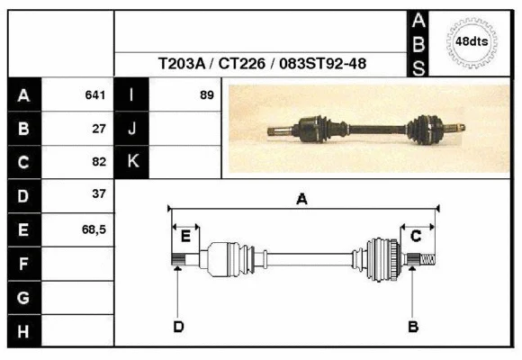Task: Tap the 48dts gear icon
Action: click(472, 41)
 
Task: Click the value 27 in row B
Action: click(99, 129)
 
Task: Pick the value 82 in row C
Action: click(99, 162)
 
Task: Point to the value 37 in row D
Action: click(99, 194)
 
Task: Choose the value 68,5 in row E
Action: click(94, 229)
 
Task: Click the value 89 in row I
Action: click(206, 95)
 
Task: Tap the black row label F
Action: click(24, 264)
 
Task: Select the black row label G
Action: click(24, 297)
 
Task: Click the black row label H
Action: click(24, 330)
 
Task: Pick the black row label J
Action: click(132, 129)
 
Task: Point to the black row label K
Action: click(132, 162)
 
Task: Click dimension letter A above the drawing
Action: click(301, 200)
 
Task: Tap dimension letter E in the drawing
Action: click(185, 237)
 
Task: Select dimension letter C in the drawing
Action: click(416, 236)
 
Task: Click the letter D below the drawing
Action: click(178, 326)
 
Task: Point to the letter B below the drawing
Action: click(413, 326)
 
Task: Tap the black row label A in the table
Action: click(24, 95)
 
